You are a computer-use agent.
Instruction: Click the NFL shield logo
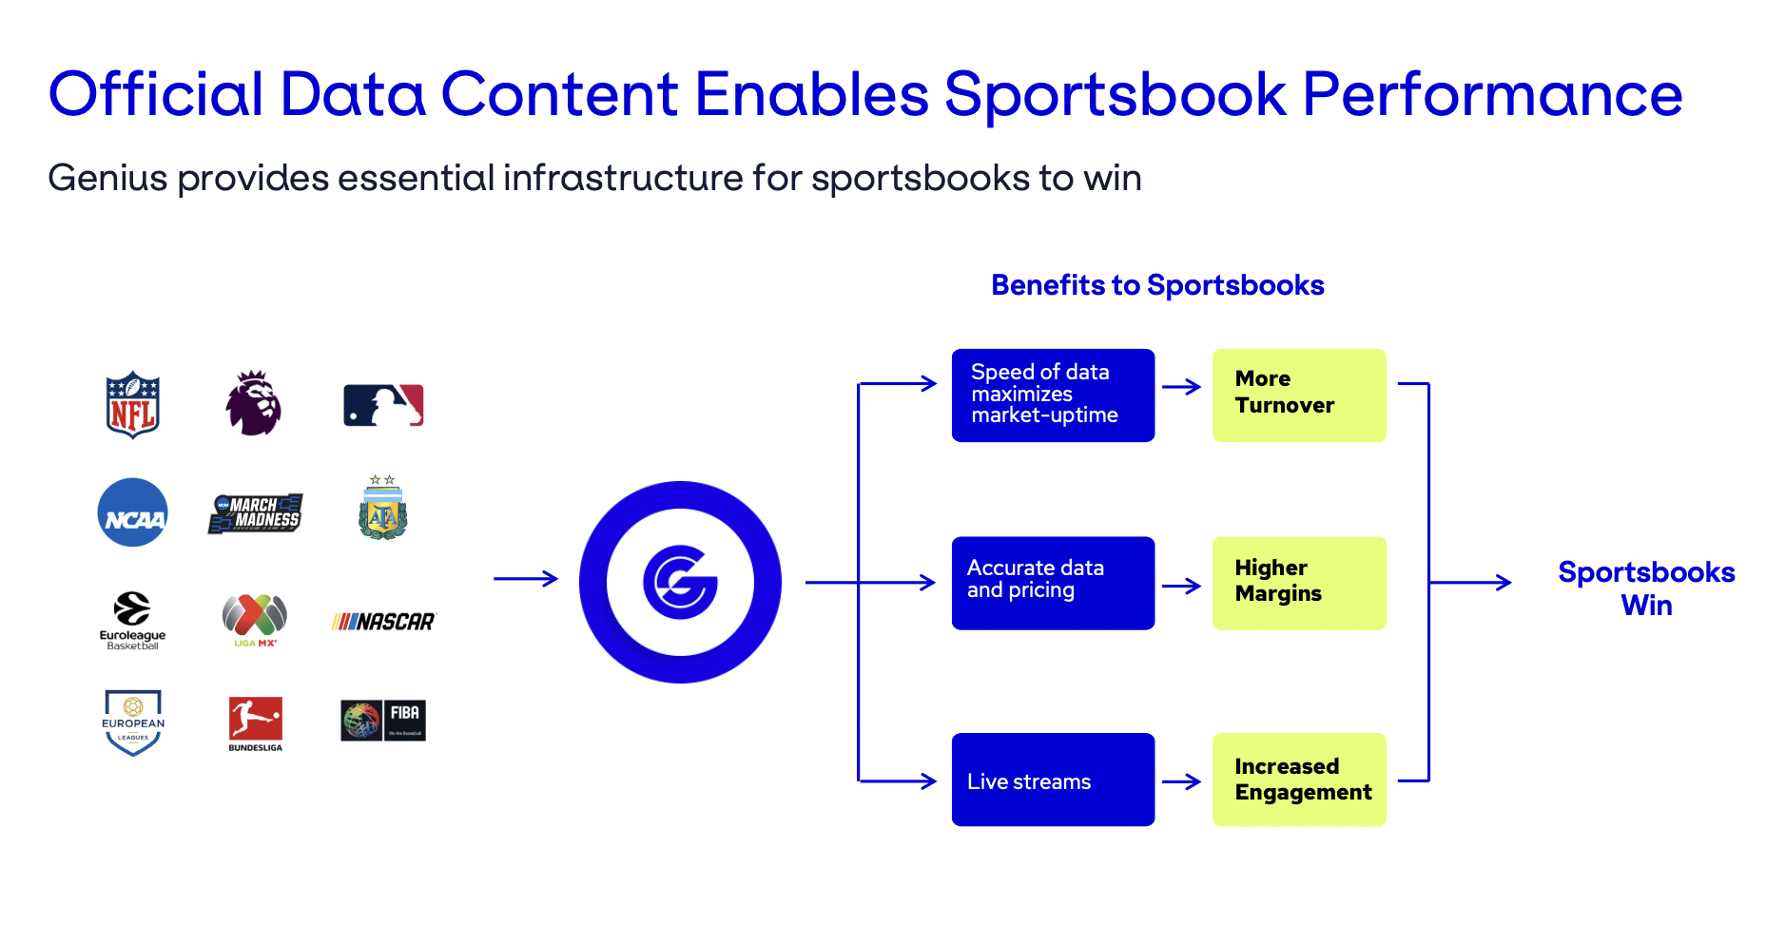pos(132,405)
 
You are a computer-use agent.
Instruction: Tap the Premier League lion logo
pos(253,404)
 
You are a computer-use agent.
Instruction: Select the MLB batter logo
pos(383,405)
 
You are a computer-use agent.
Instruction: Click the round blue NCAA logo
pos(133,512)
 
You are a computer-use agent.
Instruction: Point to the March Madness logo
pos(255,513)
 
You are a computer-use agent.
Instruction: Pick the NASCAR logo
pos(383,622)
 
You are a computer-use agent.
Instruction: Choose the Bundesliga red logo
pos(255,720)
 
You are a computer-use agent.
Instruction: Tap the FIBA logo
pos(383,721)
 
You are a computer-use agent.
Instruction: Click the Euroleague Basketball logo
pos(132,620)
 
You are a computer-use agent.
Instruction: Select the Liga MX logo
pos(255,619)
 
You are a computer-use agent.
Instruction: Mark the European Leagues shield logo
pos(133,723)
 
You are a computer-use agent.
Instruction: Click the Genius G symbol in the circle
pos(680,582)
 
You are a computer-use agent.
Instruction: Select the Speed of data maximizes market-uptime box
pos(1053,395)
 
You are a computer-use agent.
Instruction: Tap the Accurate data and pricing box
pos(1053,583)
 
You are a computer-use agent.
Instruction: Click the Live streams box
pos(1053,780)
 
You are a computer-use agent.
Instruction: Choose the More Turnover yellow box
pos(1299,395)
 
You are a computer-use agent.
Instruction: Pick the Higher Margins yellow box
pos(1299,583)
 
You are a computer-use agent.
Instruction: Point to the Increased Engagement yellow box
pos(1299,780)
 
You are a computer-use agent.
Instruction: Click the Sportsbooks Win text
pos(1646,588)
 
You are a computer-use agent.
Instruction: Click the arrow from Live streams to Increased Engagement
pos(1182,781)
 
